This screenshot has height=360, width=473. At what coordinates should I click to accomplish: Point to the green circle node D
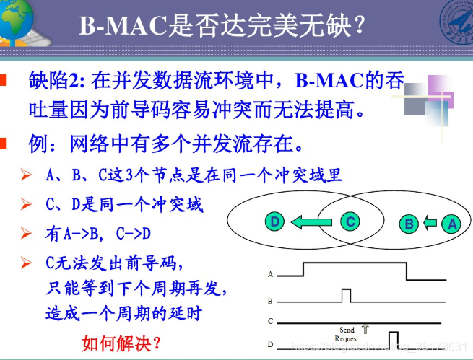(274, 222)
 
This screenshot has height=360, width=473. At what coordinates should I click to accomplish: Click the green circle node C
(350, 221)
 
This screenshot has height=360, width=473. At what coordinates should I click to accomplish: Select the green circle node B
(409, 224)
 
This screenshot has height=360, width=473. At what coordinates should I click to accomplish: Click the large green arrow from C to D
(311, 222)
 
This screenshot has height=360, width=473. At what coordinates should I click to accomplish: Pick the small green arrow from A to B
(431, 224)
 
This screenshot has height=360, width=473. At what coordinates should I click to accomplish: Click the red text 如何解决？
(122, 341)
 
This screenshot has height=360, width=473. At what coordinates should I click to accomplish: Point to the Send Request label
(347, 334)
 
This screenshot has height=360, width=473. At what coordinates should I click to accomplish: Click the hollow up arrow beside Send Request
(365, 329)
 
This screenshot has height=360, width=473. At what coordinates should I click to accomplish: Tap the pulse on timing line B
(347, 295)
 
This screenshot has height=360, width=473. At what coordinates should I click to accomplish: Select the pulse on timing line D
(394, 339)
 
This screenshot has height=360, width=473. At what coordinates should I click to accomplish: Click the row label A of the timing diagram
(270, 275)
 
